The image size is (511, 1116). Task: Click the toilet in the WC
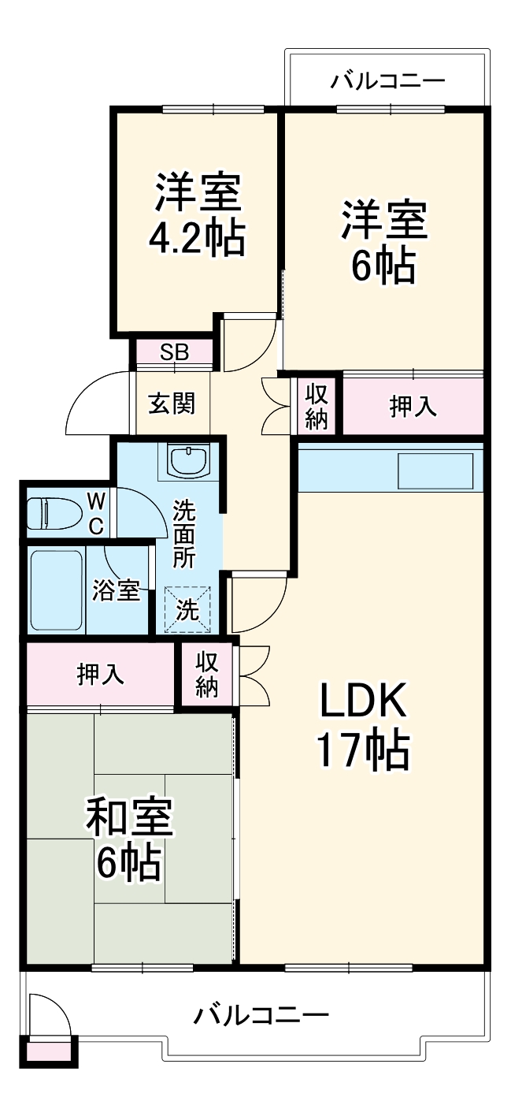point(54,514)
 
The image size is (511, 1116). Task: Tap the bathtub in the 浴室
point(56,590)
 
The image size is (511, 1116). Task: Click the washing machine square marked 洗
point(187,608)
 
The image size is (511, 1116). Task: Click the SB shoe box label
point(174,352)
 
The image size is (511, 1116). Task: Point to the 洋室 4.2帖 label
point(197,214)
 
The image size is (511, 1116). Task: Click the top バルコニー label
point(388,81)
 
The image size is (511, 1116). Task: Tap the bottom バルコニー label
point(261,1014)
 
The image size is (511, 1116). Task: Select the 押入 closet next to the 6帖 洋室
point(413,406)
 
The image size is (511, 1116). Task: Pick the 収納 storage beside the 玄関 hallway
point(317,406)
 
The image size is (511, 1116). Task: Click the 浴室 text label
point(117,590)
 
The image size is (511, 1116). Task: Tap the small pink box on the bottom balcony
point(50,1050)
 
